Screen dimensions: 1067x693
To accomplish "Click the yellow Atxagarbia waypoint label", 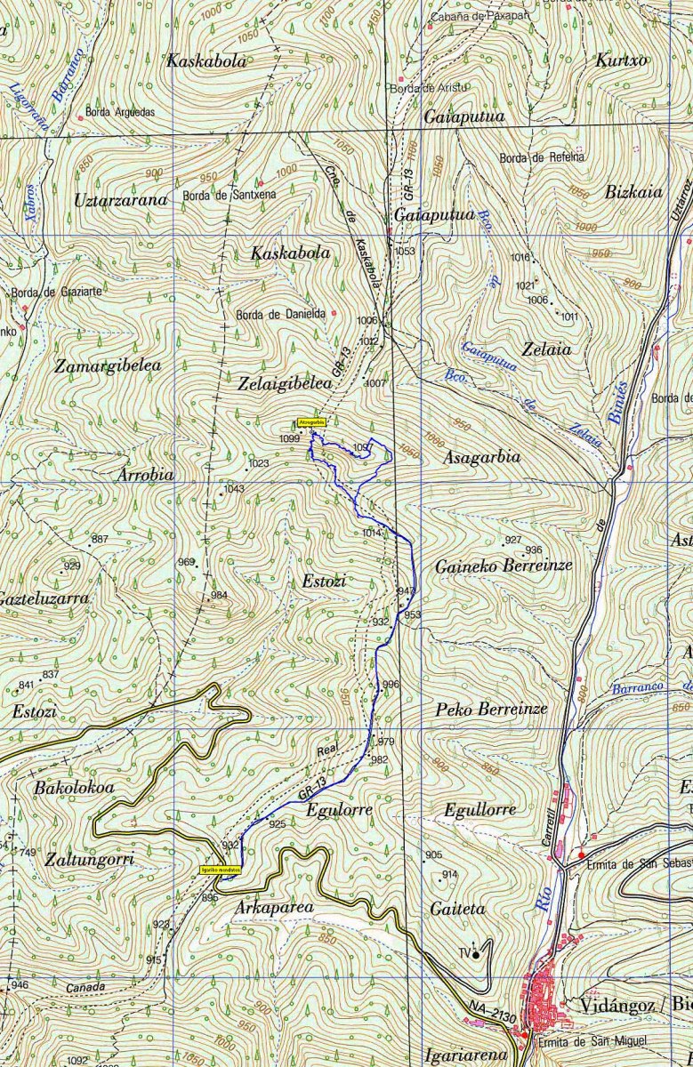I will pyautogui.click(x=312, y=422).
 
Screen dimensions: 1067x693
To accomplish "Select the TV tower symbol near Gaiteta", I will pyautogui.click(x=476, y=954).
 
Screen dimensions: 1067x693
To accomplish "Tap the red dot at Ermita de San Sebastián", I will pyautogui.click(x=582, y=855).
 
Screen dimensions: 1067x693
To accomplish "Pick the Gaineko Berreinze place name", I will pyautogui.click(x=504, y=566).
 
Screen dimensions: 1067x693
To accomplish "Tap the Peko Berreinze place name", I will pyautogui.click(x=491, y=710).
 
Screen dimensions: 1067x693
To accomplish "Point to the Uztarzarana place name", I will pyautogui.click(x=121, y=200).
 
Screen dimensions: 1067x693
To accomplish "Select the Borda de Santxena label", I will pyautogui.click(x=229, y=194).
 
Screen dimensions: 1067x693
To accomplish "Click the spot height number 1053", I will pyautogui.click(x=405, y=252).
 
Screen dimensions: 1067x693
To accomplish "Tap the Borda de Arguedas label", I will pyautogui.click(x=119, y=113).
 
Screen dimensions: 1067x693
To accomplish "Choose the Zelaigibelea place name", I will pyautogui.click(x=284, y=383).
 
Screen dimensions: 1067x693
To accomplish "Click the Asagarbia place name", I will pyautogui.click(x=481, y=457).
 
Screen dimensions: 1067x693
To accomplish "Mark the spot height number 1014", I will pyautogui.click(x=371, y=533).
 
